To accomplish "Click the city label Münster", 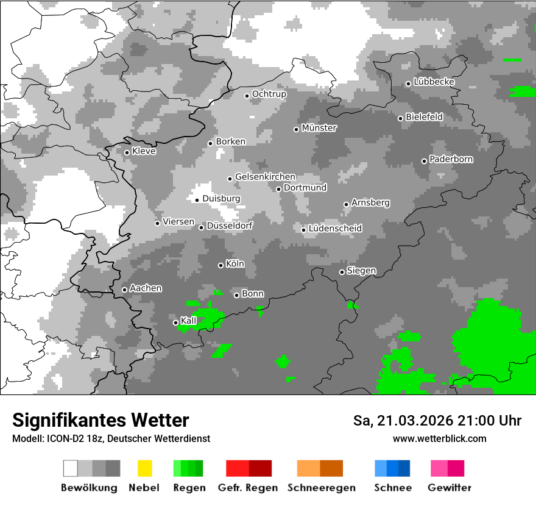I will click(319, 128).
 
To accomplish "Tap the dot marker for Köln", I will click(220, 265).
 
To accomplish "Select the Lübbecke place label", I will click(434, 82).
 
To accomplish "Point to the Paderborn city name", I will click(451, 159).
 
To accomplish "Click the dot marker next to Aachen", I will click(124, 290).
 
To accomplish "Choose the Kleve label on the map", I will click(144, 151).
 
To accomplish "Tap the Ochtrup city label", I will click(269, 94).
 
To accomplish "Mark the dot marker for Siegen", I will click(342, 272).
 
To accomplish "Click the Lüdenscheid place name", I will click(335, 229).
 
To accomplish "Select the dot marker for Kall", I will click(175, 322).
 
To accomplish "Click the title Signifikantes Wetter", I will click(100, 420).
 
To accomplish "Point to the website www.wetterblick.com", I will click(439, 438).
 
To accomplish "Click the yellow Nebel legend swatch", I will click(144, 468).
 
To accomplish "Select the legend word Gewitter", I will click(449, 488).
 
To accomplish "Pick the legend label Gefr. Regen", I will click(248, 488).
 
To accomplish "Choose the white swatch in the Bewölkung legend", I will click(71, 468).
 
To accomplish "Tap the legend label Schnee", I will click(392, 488).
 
